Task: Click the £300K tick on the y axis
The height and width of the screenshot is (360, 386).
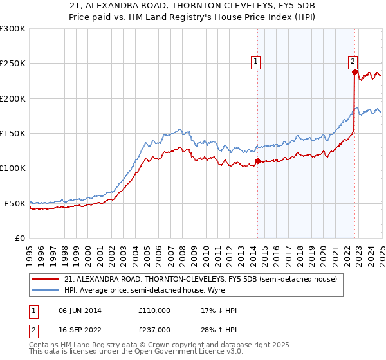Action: point(13,29)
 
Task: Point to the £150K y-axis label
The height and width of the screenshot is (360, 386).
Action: point(13,133)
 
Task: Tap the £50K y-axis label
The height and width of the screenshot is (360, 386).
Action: point(15,203)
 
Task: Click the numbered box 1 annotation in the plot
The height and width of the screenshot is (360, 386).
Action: point(256,62)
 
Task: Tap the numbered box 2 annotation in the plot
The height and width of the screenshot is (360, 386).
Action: point(353,62)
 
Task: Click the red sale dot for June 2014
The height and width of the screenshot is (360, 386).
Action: point(257,161)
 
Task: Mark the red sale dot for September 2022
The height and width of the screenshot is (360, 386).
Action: point(354,72)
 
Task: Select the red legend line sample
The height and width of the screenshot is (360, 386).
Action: point(46,279)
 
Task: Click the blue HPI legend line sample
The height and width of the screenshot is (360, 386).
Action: point(46,290)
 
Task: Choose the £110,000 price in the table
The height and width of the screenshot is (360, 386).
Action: point(154,310)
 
